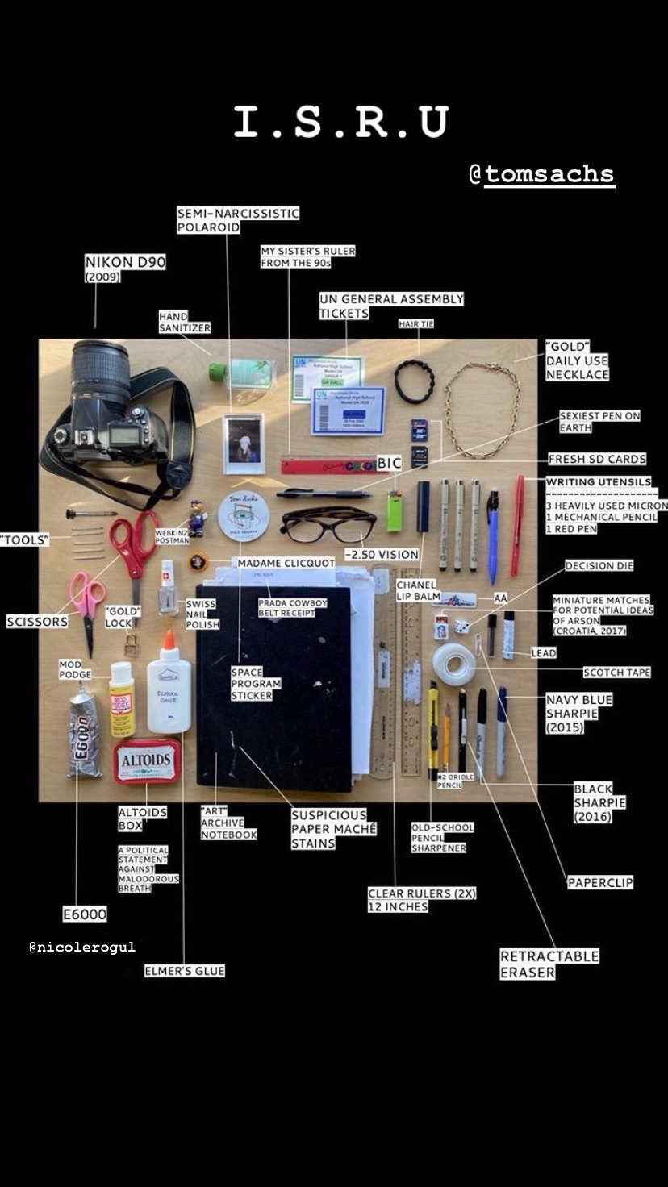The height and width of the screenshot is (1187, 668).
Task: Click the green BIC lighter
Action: (394, 511)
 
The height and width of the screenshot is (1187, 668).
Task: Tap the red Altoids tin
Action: (146, 760)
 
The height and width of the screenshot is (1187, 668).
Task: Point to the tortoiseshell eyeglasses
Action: (328, 525)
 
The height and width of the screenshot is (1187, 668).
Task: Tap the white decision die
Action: (461, 626)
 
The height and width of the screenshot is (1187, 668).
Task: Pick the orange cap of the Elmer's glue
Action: (169, 642)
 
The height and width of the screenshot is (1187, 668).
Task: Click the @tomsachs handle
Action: (542, 174)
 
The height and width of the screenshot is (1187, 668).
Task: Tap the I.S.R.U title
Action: (340, 122)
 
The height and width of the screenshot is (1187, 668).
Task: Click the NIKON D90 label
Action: (125, 262)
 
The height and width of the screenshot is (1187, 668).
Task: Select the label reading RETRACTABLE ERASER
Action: (549, 964)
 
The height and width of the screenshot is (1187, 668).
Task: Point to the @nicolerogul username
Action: (82, 947)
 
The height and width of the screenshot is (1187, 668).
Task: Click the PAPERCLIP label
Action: (600, 882)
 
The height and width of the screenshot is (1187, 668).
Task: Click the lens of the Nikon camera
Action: (100, 371)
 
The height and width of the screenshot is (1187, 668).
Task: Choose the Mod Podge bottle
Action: (122, 698)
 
